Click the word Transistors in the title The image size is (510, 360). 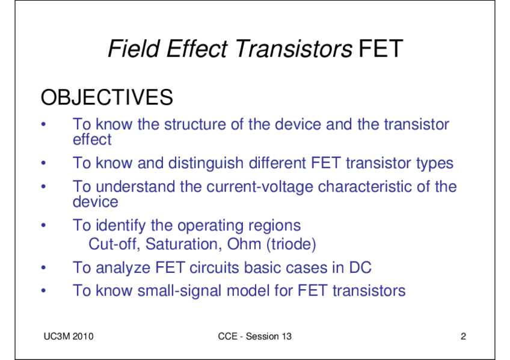(x=293, y=49)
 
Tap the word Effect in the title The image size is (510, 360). (x=197, y=49)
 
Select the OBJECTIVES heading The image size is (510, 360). (x=106, y=97)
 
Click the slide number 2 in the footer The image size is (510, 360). (x=463, y=337)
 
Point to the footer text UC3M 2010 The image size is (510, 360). (x=69, y=337)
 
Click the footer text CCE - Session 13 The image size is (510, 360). (x=254, y=337)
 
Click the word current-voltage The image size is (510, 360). (x=260, y=187)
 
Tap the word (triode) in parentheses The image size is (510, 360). (x=291, y=245)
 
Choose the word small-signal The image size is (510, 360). (x=179, y=291)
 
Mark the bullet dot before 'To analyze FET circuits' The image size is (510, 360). (x=43, y=267)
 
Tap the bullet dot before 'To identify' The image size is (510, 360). (x=43, y=225)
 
